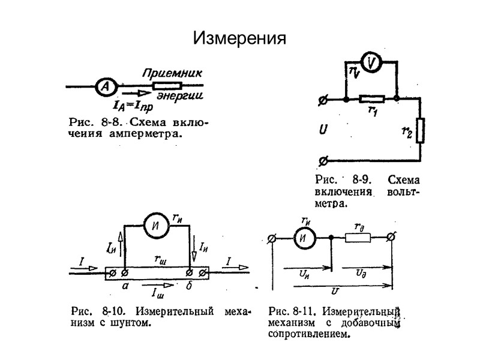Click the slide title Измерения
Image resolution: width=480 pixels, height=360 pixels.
[x=239, y=38]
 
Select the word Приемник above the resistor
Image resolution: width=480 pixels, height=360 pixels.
[x=172, y=73]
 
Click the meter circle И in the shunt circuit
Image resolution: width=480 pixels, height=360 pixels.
[x=156, y=226]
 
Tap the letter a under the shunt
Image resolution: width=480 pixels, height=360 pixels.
[x=125, y=287]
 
